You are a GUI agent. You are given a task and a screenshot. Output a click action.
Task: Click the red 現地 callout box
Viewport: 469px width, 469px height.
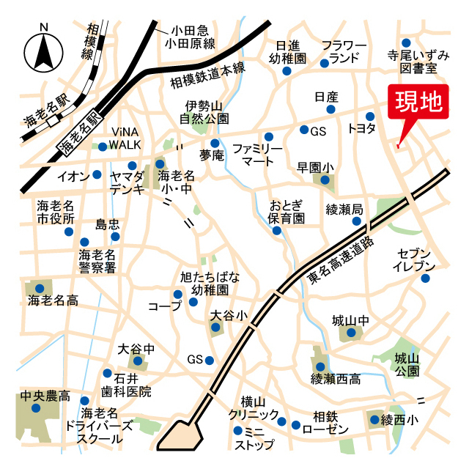420,103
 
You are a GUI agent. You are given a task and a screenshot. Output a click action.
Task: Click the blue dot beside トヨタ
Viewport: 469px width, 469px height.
371,115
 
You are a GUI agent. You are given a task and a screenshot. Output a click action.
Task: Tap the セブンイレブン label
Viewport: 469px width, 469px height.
414,259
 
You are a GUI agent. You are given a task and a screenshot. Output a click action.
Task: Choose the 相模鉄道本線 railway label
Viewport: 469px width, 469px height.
207,75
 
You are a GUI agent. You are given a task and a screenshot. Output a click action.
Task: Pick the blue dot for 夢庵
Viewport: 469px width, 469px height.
215,143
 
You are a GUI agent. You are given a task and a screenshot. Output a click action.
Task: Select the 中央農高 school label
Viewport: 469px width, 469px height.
45,396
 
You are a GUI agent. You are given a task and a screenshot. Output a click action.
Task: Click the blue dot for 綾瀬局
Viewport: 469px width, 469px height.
357,221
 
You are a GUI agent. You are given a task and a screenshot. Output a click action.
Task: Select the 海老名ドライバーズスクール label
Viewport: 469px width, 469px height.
99,426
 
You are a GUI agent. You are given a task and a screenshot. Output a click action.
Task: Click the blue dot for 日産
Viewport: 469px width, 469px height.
330,109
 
